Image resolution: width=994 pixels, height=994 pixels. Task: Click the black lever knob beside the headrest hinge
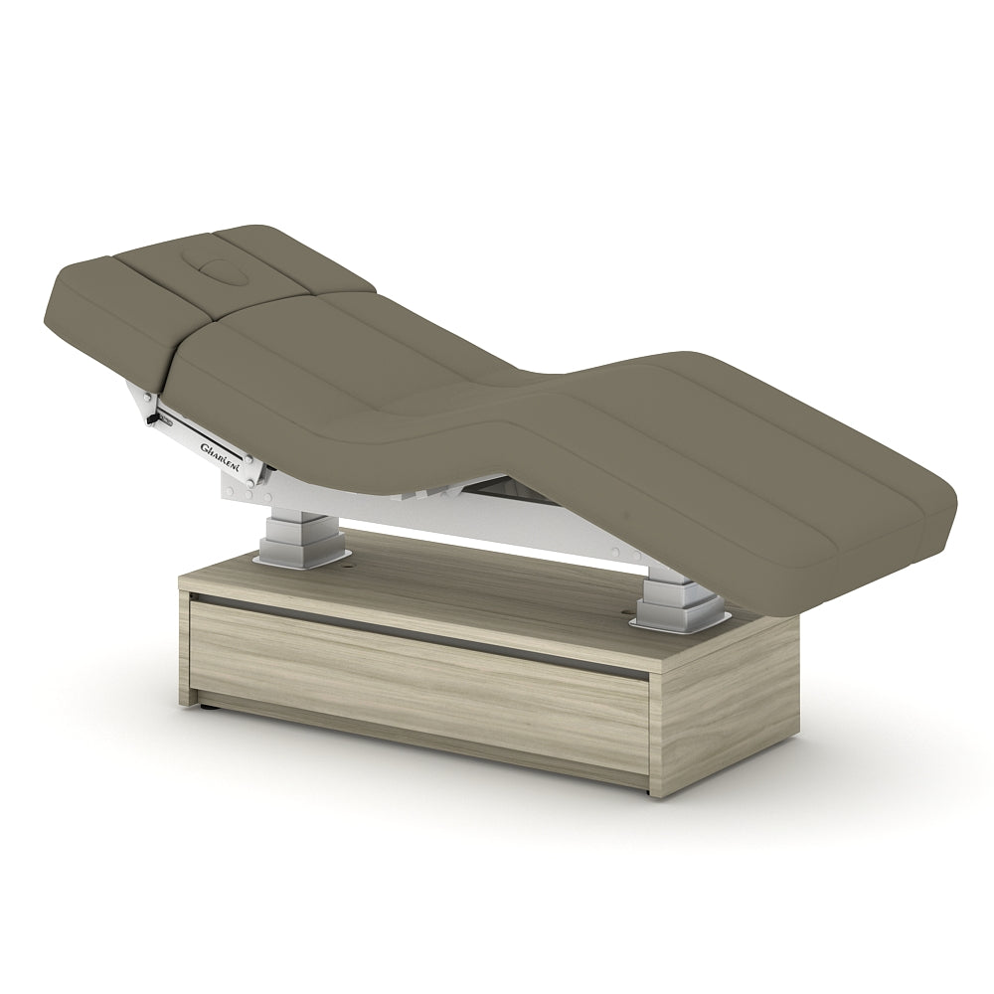pos(151,419)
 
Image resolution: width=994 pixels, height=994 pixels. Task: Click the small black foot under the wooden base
pos(207,705)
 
